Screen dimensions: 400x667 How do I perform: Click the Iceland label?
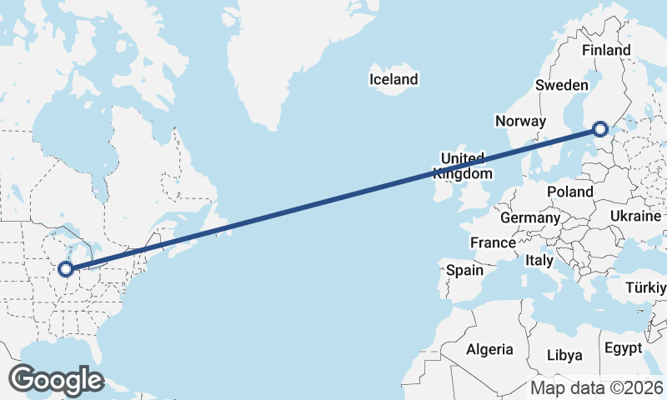(394, 80)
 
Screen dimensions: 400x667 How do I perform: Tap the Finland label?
(606, 50)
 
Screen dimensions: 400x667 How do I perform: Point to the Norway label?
(520, 121)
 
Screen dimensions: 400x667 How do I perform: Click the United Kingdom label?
(463, 166)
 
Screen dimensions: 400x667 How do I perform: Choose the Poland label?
(570, 192)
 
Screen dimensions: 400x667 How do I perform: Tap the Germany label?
(530, 217)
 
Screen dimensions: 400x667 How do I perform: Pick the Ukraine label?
(635, 216)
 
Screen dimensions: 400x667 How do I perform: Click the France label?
(493, 243)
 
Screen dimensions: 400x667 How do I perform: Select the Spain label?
(464, 270)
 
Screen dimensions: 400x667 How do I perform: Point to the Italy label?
(539, 261)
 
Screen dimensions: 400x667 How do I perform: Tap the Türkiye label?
(646, 288)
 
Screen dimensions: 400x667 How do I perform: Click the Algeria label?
(489, 349)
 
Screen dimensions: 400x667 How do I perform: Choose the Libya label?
(564, 355)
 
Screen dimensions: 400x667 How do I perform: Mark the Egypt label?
(623, 347)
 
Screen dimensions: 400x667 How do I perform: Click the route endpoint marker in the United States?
(65, 269)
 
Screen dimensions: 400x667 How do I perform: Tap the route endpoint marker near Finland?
(600, 128)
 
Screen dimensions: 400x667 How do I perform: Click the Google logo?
(56, 380)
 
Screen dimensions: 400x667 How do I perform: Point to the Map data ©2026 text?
(597, 388)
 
